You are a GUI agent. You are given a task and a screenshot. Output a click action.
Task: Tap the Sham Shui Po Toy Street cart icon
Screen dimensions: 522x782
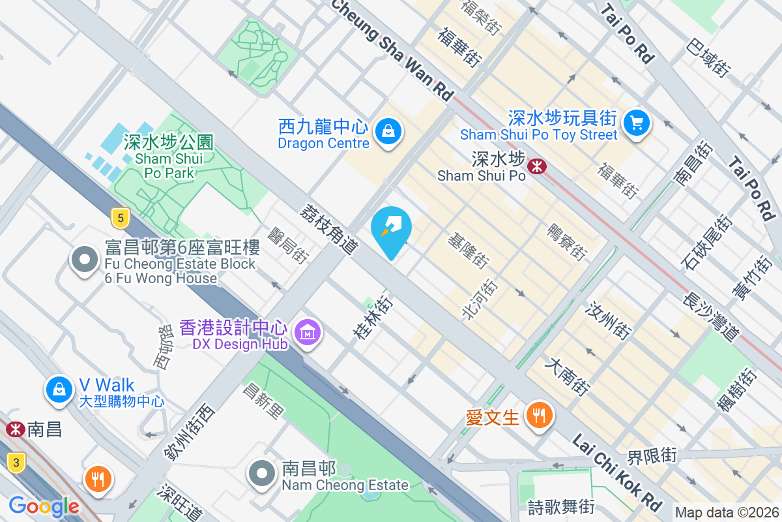(636, 122)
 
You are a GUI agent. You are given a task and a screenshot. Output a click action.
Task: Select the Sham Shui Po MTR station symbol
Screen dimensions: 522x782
(537, 166)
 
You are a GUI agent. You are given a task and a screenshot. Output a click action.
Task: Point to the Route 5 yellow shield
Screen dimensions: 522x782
(118, 217)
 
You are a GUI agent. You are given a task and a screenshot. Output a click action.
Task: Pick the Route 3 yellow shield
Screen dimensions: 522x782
(16, 462)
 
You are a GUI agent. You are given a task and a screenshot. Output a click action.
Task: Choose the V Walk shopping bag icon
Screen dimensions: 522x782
(59, 390)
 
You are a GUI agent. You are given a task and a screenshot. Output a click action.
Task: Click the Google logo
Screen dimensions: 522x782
(44, 506)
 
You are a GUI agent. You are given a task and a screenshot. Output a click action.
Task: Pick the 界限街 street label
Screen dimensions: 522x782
(652, 455)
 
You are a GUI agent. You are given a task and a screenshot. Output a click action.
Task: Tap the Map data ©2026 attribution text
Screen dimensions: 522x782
(727, 513)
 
